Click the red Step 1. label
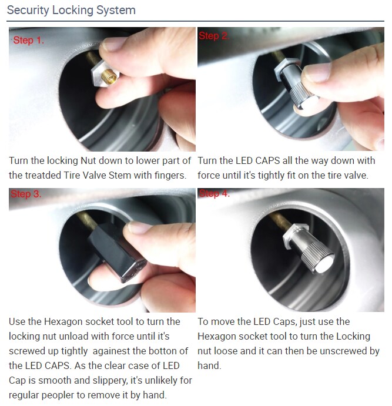coord(28,41)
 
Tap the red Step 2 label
coord(213,36)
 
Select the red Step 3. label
coord(26,194)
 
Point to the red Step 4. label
coord(214,194)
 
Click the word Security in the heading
coord(28,11)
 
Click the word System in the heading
coord(116,11)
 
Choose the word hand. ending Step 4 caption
coord(209,365)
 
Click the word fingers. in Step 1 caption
coord(169,175)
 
